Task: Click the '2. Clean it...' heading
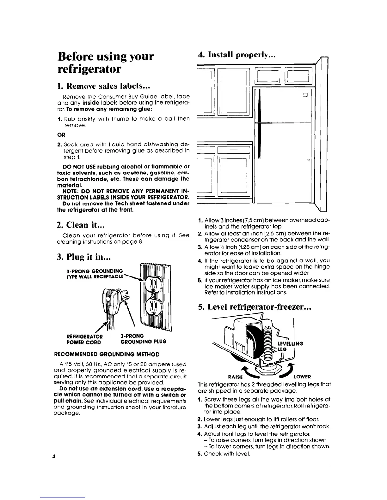pos(81,224)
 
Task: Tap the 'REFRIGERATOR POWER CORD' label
pos(83,339)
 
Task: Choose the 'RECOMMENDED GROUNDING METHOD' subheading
pos(107,354)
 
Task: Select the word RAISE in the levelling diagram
pos(235,377)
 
